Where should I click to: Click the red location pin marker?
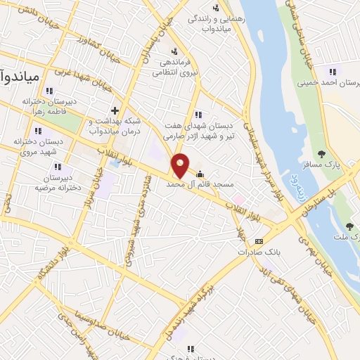tap(181, 165)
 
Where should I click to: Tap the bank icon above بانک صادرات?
tap(259, 241)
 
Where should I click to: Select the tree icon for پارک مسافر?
tap(322, 154)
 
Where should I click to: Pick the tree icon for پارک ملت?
tap(349, 226)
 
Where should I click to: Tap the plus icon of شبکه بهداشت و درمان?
tap(114, 110)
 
